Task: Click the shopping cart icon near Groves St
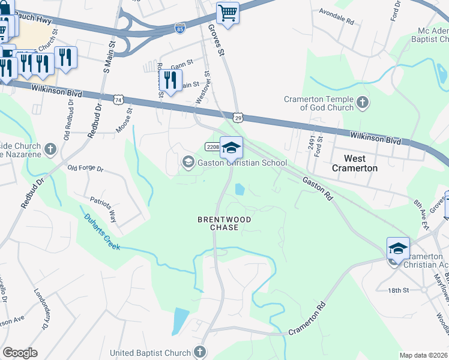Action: point(228,13)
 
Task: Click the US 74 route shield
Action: point(119,98)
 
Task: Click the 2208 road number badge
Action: point(212,147)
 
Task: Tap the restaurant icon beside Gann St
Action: point(171,80)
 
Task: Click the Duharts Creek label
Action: point(103,232)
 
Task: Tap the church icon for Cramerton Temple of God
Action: point(362,103)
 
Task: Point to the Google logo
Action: point(20,353)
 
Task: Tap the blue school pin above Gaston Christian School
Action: point(232,147)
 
